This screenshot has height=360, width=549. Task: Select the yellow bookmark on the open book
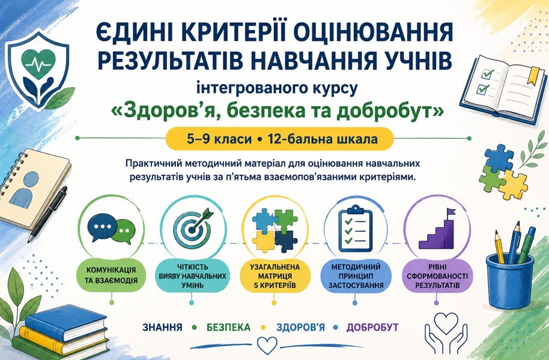[532, 75]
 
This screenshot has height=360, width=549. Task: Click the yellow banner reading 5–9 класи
[280, 139]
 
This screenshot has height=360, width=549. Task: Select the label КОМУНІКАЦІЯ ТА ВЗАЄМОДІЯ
[111, 275]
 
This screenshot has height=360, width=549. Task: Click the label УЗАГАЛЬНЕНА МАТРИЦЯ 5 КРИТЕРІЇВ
[275, 276]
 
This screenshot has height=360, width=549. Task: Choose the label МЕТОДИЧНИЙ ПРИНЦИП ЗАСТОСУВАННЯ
[356, 276]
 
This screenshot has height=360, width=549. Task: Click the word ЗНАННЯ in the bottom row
[162, 328]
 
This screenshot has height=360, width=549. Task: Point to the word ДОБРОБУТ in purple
[372, 328]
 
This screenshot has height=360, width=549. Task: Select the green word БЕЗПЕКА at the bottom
[228, 328]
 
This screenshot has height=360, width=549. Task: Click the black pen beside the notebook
[47, 215]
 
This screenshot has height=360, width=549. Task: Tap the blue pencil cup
[510, 281]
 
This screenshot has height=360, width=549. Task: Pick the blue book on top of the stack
[66, 323]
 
